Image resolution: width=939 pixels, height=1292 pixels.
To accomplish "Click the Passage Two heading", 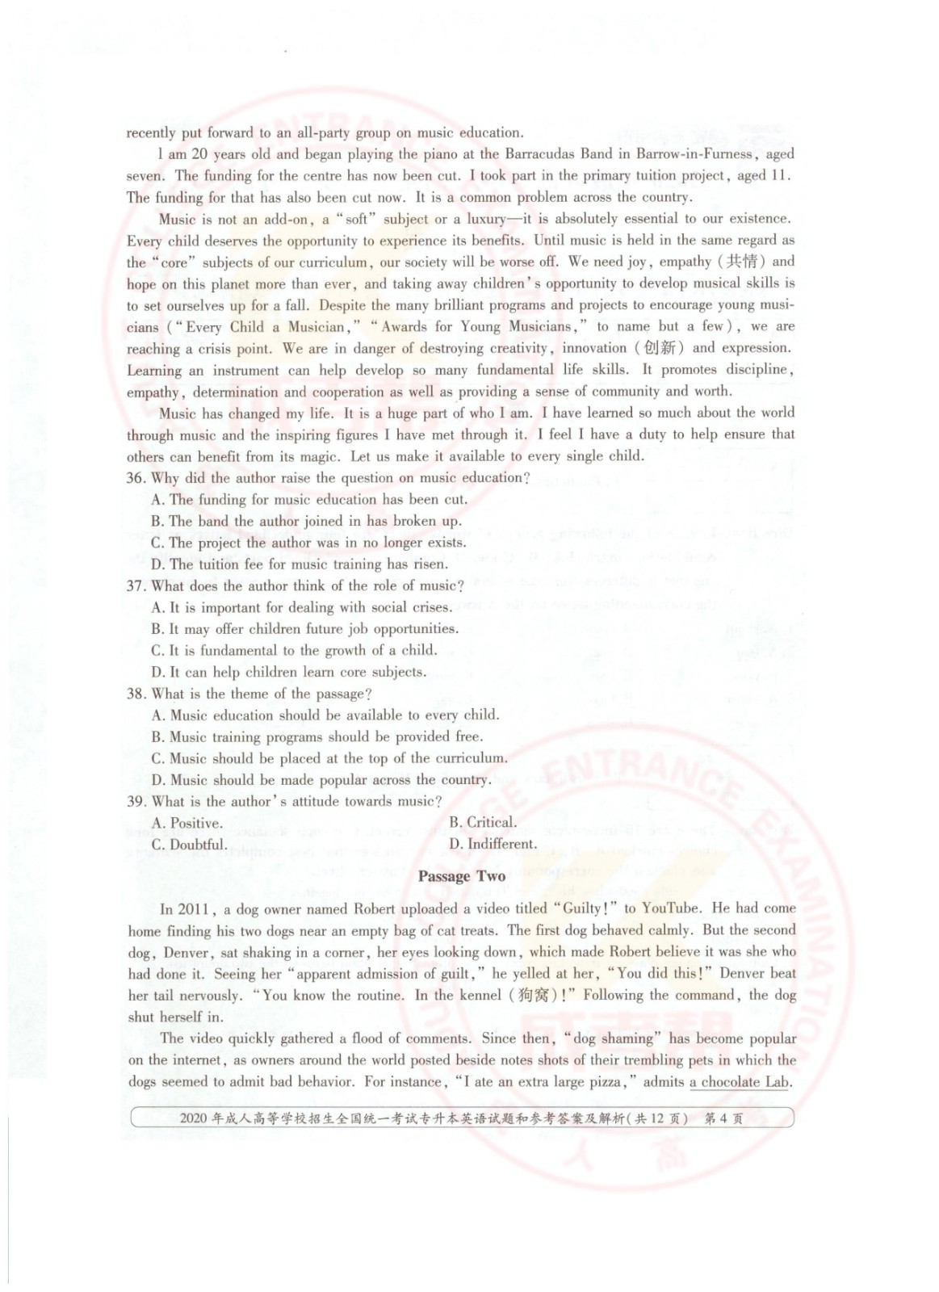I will (x=462, y=876).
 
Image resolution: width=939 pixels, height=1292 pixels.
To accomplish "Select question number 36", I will (x=136, y=478).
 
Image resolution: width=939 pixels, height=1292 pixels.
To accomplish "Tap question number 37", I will (x=136, y=586).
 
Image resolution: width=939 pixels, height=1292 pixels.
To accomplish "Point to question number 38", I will (x=136, y=694).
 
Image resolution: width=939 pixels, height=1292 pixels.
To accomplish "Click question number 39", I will (x=136, y=802).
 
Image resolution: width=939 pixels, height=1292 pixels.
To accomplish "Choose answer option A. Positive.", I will (x=187, y=824).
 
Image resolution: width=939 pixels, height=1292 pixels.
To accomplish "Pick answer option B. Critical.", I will (x=483, y=823).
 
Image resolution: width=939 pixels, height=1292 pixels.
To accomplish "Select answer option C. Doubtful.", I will (x=189, y=845).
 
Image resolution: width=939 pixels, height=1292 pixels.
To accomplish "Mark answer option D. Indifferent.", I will (x=493, y=845).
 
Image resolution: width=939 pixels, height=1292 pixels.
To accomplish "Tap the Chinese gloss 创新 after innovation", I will (x=660, y=348).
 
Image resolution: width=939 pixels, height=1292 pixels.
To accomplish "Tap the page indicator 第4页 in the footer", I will (x=724, y=1118).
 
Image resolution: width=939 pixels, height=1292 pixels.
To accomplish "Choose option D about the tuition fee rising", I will (x=299, y=564).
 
